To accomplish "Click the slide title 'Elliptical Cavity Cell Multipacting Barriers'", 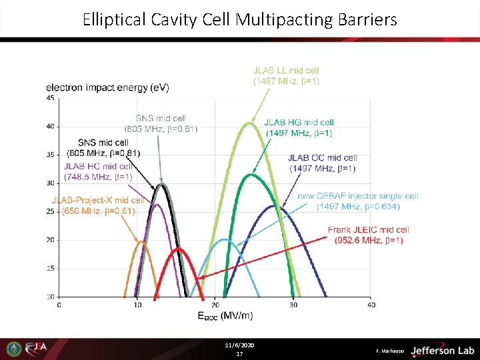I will pyautogui.click(x=239, y=19).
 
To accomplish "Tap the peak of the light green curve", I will pyautogui.click(x=250, y=123).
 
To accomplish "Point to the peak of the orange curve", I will pyautogui.click(x=141, y=241).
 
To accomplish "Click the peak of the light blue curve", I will pyautogui.click(x=225, y=239).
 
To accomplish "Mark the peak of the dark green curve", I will pyautogui.click(x=251, y=175).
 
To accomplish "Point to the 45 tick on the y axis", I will pyautogui.click(x=51, y=98).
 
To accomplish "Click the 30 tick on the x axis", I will pyautogui.click(x=293, y=305).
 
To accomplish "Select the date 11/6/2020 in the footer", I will pyautogui.click(x=239, y=345).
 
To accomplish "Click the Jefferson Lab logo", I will pyautogui.click(x=442, y=350).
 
